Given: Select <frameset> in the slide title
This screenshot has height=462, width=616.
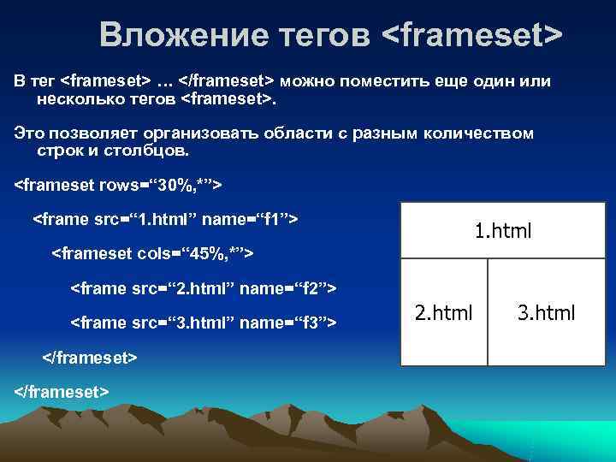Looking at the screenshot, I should [x=471, y=35].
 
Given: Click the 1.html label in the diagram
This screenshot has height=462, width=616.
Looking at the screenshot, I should [x=503, y=230].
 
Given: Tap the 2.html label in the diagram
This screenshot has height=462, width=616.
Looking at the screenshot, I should [x=443, y=312].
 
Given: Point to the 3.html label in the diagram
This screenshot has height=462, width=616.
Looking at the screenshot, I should [x=546, y=312].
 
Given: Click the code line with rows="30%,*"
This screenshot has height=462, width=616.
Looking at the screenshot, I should [x=120, y=184].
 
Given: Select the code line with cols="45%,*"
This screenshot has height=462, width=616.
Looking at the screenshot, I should [x=154, y=253].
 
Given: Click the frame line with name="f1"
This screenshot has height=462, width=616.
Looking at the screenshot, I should [x=165, y=219].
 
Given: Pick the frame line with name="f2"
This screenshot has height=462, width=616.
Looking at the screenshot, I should [x=203, y=288].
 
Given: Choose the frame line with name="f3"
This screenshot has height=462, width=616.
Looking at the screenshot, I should [x=203, y=323].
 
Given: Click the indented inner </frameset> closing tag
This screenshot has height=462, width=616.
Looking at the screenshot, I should [x=89, y=357].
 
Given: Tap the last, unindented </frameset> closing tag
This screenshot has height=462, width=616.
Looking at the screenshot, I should [x=62, y=391].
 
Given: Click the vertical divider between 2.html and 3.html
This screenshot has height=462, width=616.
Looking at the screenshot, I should [x=488, y=312].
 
